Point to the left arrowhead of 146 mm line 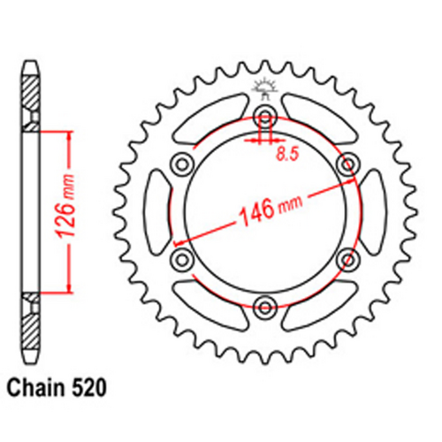click(x=177, y=241)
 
